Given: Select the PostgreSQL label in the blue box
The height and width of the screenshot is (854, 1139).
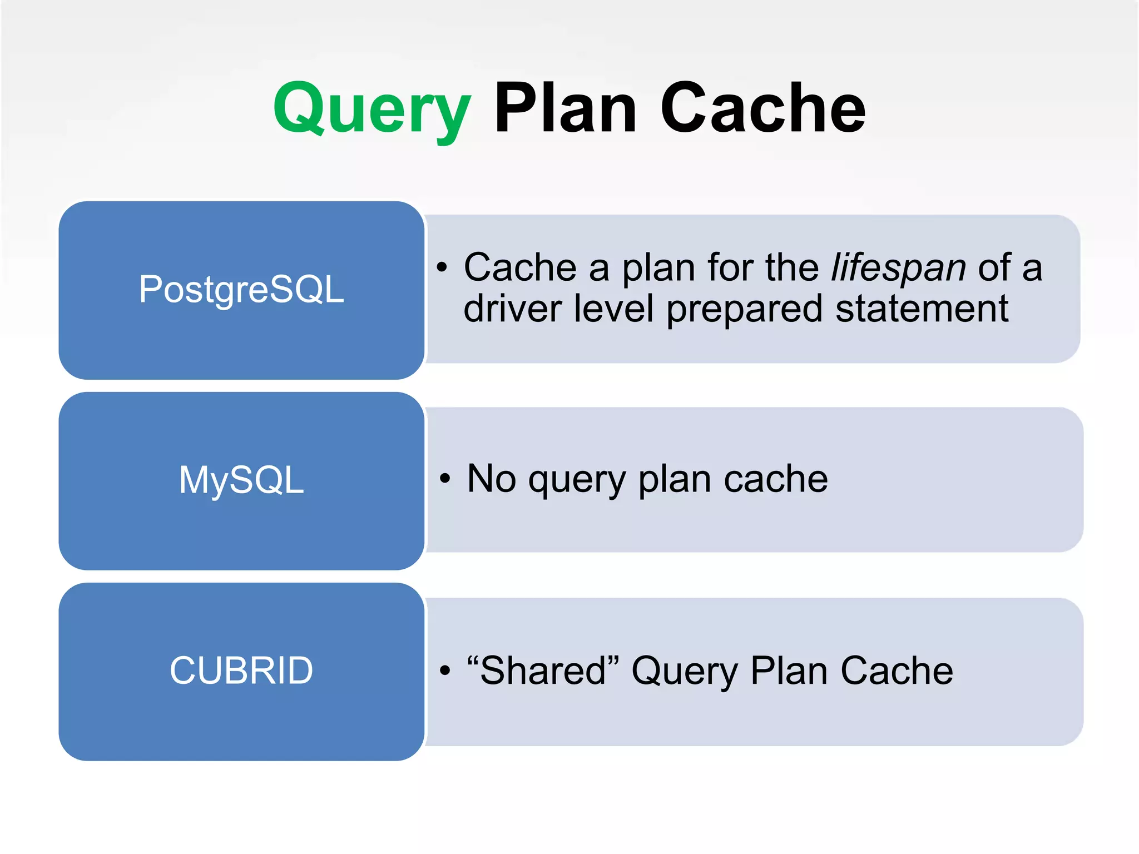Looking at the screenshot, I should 241,290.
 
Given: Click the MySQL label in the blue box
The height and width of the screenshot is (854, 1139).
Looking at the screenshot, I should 241,480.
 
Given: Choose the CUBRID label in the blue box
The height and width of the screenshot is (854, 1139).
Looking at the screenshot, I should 241,671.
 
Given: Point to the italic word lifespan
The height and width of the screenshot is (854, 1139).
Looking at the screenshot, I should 898,268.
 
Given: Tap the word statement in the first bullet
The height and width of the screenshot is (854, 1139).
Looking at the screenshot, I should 922,309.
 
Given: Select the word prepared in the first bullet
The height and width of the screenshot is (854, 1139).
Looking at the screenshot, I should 744,310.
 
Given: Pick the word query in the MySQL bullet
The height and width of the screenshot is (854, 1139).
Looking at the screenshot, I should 577,480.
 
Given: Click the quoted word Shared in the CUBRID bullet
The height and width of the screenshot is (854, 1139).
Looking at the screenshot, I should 543,671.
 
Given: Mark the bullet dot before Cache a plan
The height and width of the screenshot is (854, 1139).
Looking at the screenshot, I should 442,267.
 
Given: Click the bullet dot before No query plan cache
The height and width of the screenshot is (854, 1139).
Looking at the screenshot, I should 444,478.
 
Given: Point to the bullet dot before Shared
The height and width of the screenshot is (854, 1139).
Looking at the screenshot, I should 444,671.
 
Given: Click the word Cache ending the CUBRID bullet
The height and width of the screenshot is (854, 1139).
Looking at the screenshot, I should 897,671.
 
